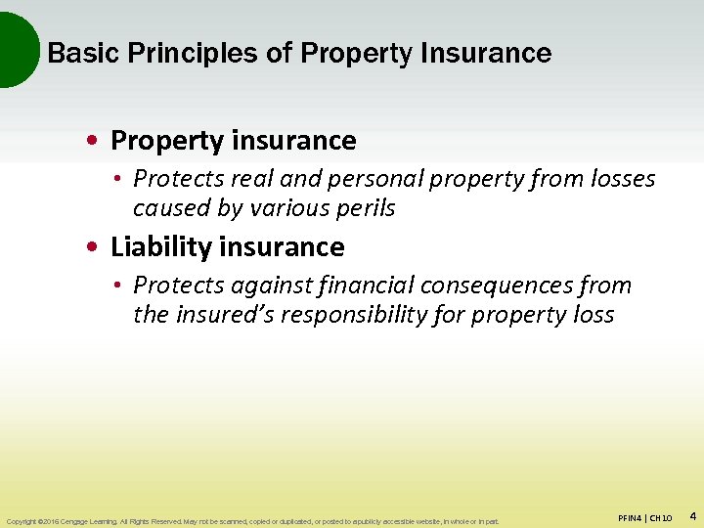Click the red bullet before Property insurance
[92, 142]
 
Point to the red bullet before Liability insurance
[92, 247]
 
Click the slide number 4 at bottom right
[692, 514]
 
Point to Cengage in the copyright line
[80, 521]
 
